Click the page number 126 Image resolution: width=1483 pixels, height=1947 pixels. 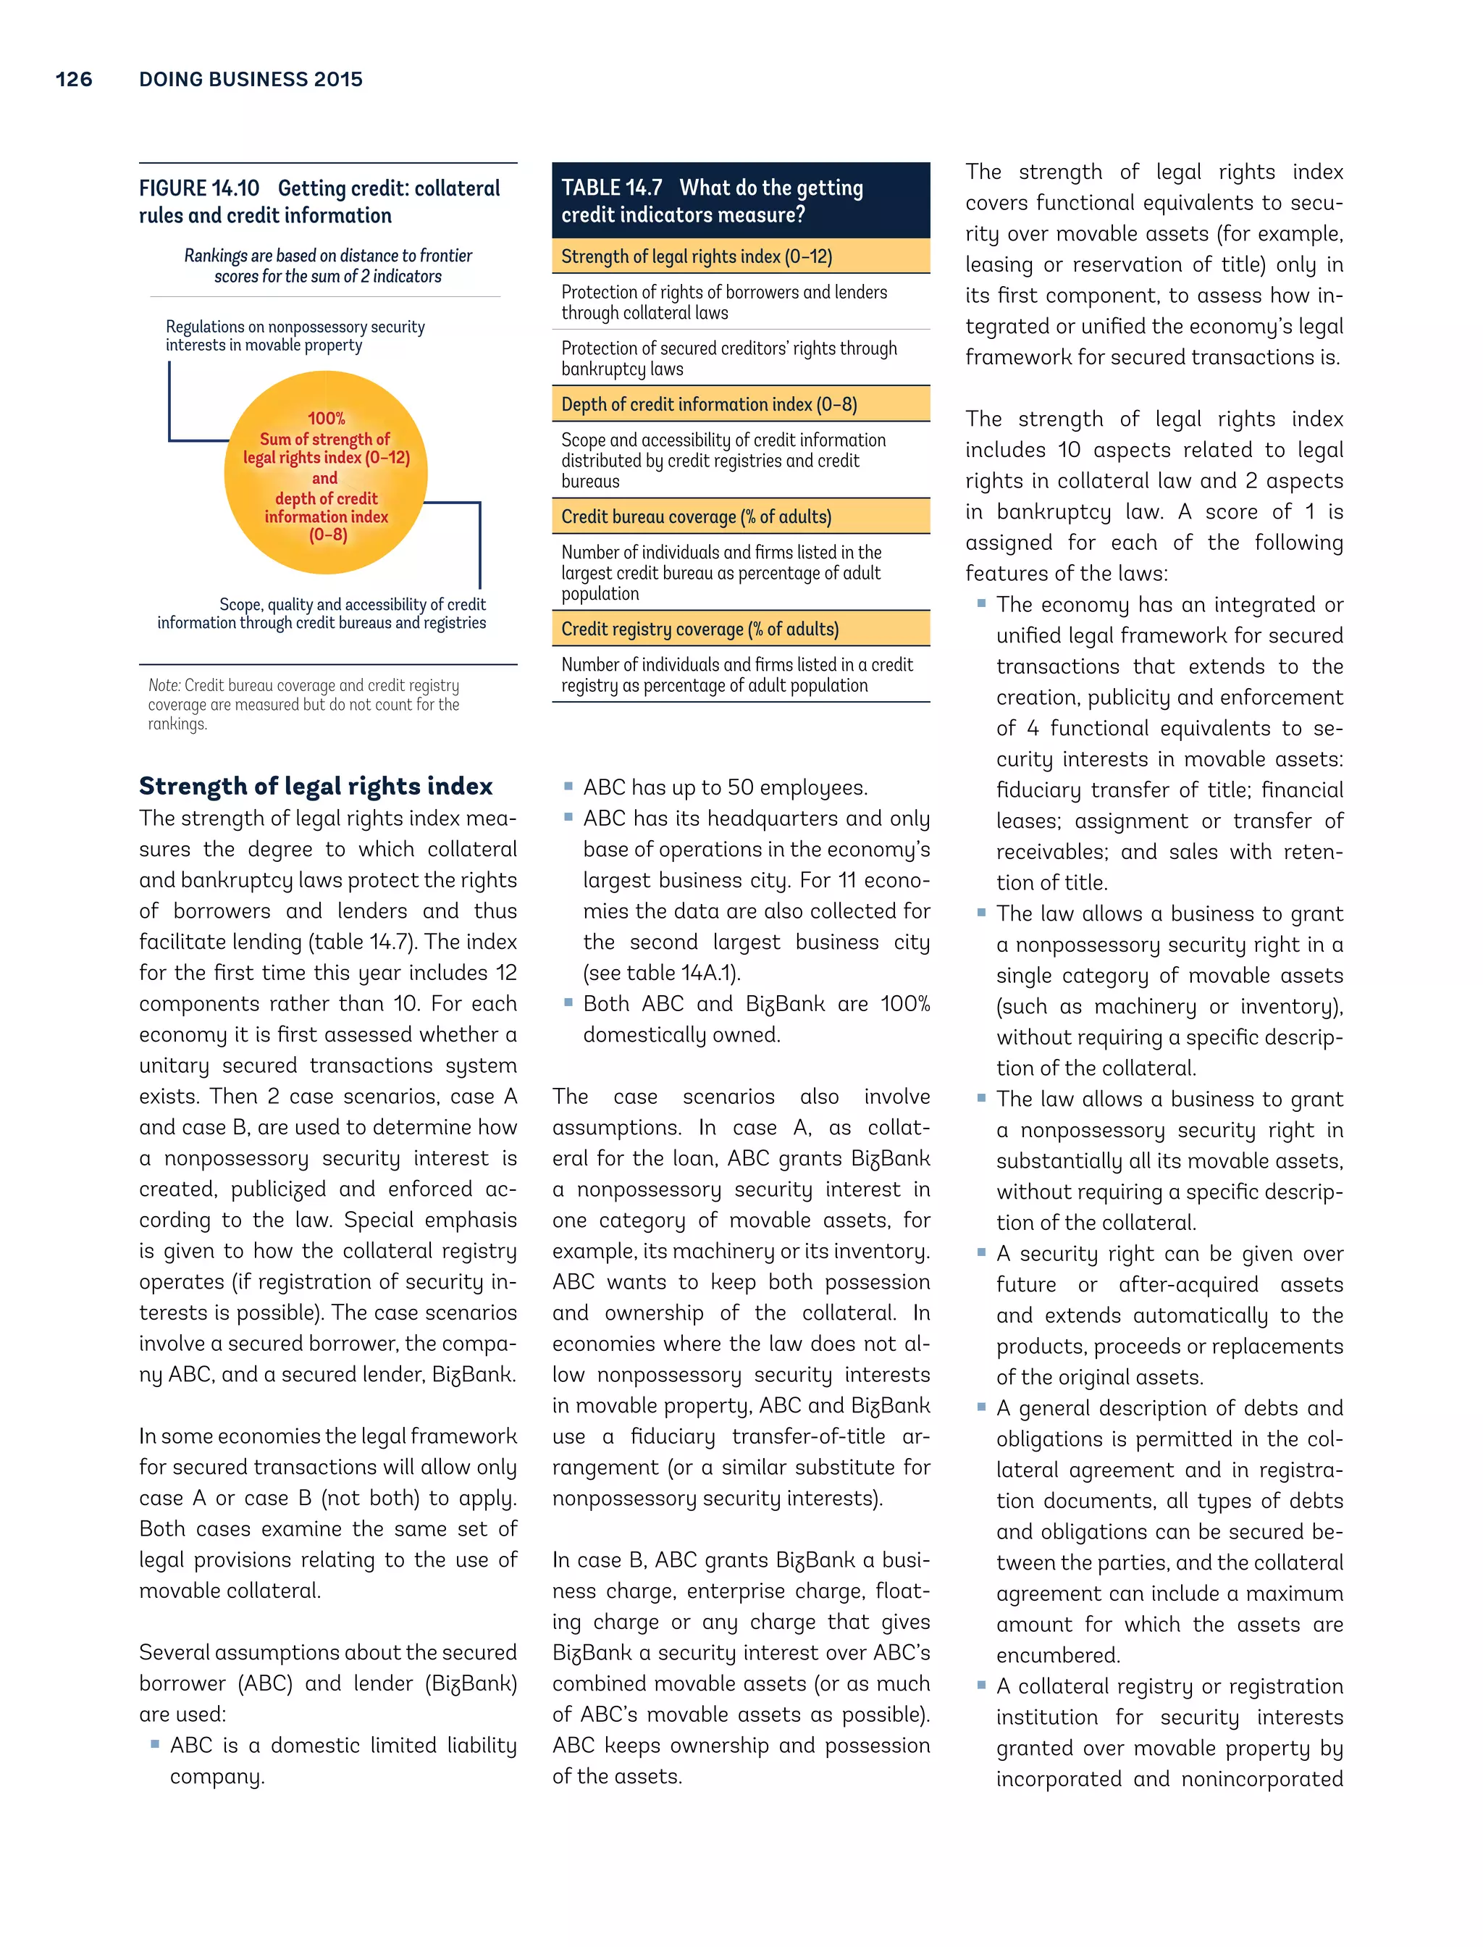click(73, 80)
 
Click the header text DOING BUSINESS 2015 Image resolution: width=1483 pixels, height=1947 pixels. click(251, 80)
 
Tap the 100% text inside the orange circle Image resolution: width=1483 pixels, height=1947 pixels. click(326, 419)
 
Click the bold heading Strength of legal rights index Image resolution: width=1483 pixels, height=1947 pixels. click(315, 786)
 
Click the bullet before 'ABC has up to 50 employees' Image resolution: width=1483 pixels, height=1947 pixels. click(568, 785)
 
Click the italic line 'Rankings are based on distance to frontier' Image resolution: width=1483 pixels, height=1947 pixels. click(327, 255)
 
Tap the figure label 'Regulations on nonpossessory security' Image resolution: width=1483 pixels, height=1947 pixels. click(295, 327)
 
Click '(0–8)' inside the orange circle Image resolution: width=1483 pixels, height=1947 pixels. click(327, 535)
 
